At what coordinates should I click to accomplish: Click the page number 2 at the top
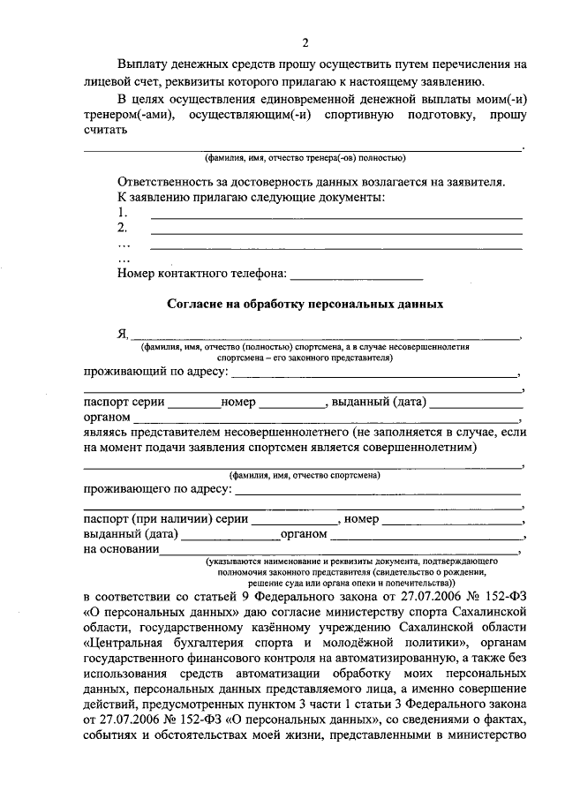[x=305, y=43]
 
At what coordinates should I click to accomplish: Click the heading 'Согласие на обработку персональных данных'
[x=305, y=303]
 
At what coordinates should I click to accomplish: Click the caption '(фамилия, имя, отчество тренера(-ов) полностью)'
[x=305, y=159]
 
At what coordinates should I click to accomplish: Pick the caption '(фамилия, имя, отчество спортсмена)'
[x=305, y=475]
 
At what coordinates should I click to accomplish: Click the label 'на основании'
[x=121, y=548]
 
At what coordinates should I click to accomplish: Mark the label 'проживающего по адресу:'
[x=158, y=488]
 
